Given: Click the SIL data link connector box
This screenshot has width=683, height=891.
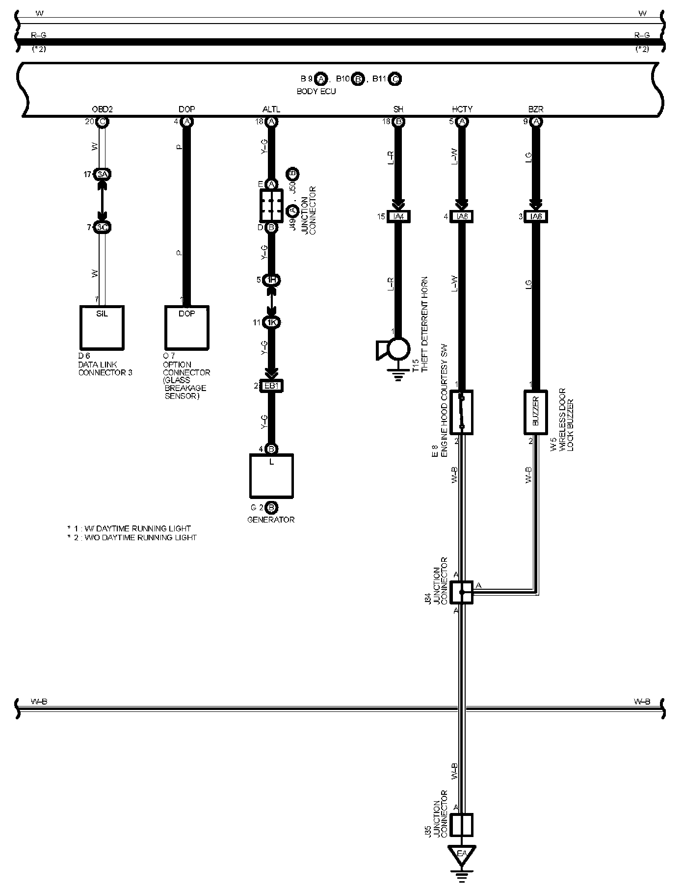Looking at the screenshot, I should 102,327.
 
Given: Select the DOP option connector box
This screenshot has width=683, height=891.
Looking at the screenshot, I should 186,327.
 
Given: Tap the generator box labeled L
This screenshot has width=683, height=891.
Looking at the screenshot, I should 271,476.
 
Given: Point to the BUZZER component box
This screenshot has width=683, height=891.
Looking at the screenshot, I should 536,413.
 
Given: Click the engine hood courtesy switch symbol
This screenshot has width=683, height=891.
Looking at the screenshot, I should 461,413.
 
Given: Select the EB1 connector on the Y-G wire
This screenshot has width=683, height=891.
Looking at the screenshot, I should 271,386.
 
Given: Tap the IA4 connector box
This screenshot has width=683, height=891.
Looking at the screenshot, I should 398,216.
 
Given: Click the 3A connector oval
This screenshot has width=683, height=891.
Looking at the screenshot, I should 102,174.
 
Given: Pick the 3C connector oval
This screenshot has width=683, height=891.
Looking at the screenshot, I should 102,228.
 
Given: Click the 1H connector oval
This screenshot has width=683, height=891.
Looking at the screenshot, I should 271,280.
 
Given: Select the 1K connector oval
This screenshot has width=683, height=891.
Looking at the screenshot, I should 271,322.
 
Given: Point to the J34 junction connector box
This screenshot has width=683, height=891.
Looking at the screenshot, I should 461,592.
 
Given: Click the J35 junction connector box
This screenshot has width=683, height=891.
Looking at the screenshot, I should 461,824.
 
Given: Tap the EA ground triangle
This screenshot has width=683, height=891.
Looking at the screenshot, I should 461,854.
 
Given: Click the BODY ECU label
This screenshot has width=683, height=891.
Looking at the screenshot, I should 316,92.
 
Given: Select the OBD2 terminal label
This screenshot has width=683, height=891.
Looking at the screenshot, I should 102,109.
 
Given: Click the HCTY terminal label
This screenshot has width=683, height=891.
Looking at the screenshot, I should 462,109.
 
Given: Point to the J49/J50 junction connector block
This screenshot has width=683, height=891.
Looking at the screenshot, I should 271,206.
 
